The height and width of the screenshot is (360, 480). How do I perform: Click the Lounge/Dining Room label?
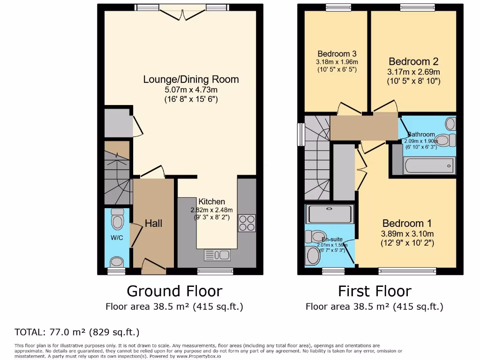[x=191, y=79]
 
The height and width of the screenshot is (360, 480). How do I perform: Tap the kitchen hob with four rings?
[x=247, y=223]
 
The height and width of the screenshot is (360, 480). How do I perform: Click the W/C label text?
[x=117, y=238]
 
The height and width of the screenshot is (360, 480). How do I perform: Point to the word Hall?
[x=153, y=224]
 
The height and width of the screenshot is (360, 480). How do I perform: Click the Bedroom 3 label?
[x=336, y=53]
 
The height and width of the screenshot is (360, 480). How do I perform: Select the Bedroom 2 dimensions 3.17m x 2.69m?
[x=413, y=72]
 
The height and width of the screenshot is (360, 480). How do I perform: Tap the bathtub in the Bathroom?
[x=429, y=165]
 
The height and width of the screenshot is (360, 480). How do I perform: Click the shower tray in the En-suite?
[x=329, y=214]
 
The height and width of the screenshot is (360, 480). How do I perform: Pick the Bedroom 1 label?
[x=407, y=223]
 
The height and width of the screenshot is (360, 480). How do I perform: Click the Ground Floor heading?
[x=174, y=291]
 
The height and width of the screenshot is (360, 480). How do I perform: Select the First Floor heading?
[x=375, y=291]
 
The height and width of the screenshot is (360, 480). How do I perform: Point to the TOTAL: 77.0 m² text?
[x=77, y=332]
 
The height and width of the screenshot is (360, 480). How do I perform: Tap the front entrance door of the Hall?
[x=153, y=268]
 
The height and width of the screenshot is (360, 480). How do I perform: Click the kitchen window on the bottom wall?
[x=215, y=271]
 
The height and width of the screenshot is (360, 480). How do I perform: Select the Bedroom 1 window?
[x=407, y=271]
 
